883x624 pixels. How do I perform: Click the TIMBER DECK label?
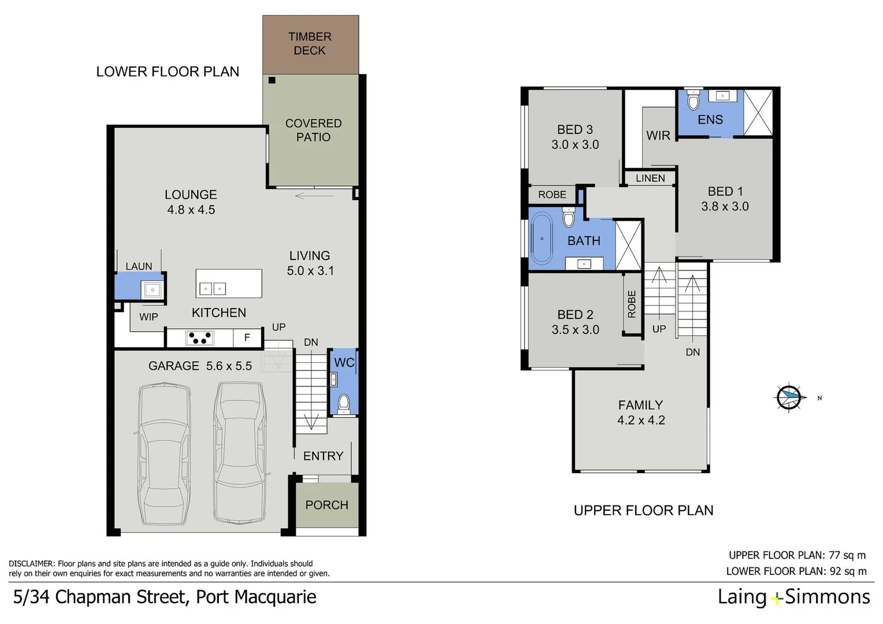(310, 44)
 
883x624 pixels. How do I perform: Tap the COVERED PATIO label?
(313, 130)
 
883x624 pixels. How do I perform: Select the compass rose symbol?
(789, 398)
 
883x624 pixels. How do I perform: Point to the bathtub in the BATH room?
(542, 239)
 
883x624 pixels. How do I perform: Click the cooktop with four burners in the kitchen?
(200, 338)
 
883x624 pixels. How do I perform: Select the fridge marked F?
(247, 338)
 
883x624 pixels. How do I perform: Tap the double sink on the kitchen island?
(212, 288)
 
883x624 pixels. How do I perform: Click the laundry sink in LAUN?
(153, 289)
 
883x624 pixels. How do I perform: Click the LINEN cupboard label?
(650, 179)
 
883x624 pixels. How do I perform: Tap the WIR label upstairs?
(658, 135)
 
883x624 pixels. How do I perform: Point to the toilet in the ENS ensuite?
(693, 102)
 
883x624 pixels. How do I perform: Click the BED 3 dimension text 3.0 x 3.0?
(575, 145)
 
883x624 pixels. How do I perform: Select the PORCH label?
(327, 505)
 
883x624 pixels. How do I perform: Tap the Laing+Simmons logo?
(793, 597)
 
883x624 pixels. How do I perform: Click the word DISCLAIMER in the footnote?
(31, 564)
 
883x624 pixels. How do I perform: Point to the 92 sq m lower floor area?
(848, 571)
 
